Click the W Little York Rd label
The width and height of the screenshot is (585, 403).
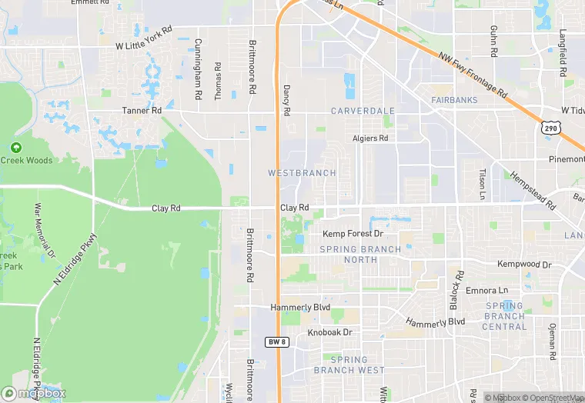click(x=144, y=46)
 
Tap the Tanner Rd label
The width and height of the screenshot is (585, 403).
click(x=142, y=111)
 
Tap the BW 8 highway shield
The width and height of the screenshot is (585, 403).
click(x=277, y=341)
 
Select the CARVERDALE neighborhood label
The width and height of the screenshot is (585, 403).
click(x=363, y=111)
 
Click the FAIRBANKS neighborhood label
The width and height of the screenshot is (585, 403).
click(x=454, y=100)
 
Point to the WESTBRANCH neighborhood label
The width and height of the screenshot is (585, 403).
click(x=302, y=173)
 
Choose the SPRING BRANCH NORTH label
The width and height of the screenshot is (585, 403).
click(x=360, y=255)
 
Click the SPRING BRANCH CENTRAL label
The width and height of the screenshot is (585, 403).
click(x=504, y=316)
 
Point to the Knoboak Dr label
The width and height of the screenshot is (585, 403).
click(x=329, y=332)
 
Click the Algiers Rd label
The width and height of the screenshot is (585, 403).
click(x=370, y=138)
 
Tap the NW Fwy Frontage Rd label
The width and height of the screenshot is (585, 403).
click(x=474, y=75)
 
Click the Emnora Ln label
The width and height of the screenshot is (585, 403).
click(x=492, y=290)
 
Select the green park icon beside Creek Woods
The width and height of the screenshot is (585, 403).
click(x=16, y=147)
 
